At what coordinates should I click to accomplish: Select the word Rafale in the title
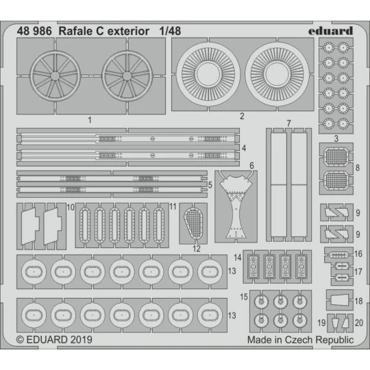click(x=79, y=30)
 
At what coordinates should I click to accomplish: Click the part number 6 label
click(x=251, y=166)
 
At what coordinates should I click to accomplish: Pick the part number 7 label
click(x=288, y=123)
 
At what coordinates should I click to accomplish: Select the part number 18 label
click(x=359, y=301)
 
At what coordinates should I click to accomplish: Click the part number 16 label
click(x=359, y=254)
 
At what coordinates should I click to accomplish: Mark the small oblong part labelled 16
click(x=338, y=254)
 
